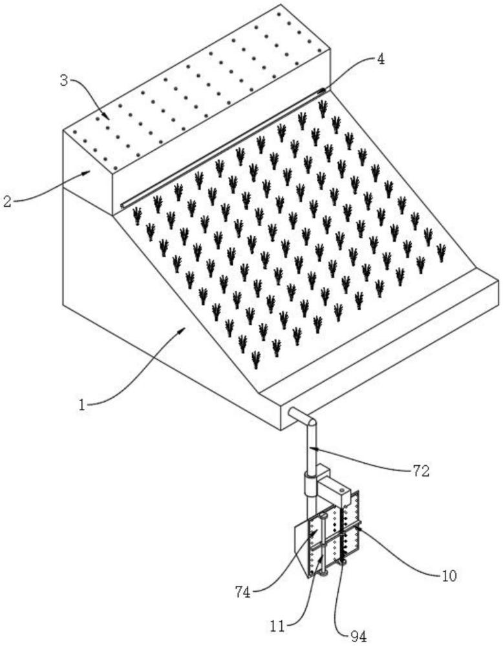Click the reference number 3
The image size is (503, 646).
coord(64,81)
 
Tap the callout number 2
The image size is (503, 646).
coord(6,202)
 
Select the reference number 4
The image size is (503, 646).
coord(380,59)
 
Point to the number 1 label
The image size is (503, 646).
coord(82,406)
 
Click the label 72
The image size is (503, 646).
coord(420,470)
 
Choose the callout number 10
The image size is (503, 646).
coord(449,576)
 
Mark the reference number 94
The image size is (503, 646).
coord(358,636)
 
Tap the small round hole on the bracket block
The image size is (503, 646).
coord(342,490)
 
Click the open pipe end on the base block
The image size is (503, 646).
coord(291,412)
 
